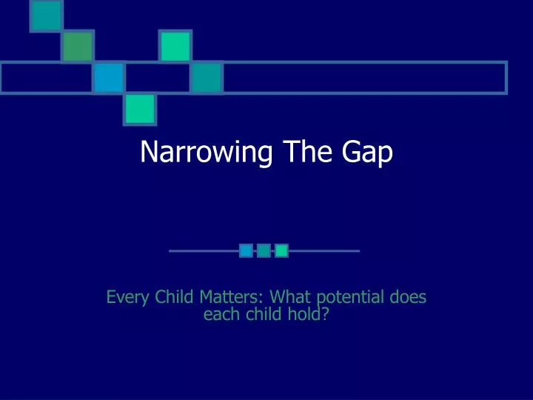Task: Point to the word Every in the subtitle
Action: pyautogui.click(x=127, y=298)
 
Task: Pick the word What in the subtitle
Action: pyautogui.click(x=291, y=298)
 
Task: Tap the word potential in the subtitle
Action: pyautogui.click(x=350, y=299)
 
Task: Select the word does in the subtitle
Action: pyautogui.click(x=409, y=298)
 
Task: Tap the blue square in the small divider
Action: pyautogui.click(x=246, y=251)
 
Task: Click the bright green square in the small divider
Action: pyautogui.click(x=281, y=251)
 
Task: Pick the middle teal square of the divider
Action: pyautogui.click(x=264, y=251)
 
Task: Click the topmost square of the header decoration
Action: pyautogui.click(x=46, y=16)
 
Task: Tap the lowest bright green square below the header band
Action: pyautogui.click(x=139, y=109)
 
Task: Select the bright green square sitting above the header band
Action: pyautogui.click(x=175, y=47)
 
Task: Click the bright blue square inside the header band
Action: pyautogui.click(x=108, y=77)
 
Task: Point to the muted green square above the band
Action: pyautogui.click(x=77, y=47)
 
